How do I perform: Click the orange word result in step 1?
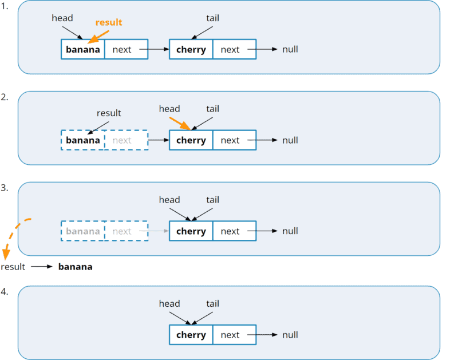point(109,22)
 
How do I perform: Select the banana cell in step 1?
point(83,49)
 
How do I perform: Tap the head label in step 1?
point(62,18)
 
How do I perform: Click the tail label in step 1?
point(212,18)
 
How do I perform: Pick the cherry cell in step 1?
point(191,49)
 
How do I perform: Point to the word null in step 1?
point(290,49)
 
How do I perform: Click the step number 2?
point(4,97)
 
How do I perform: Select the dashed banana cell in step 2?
point(83,140)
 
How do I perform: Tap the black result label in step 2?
point(109,113)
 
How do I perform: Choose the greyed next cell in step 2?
point(122,140)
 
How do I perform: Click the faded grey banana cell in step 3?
point(83,231)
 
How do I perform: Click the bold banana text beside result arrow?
point(75,267)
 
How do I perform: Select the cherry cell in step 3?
point(191,231)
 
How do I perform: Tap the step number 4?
point(4,291)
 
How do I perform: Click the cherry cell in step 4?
point(191,335)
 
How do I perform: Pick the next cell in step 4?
point(230,335)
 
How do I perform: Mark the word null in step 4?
point(290,335)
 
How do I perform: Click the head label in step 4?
point(169,303)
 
